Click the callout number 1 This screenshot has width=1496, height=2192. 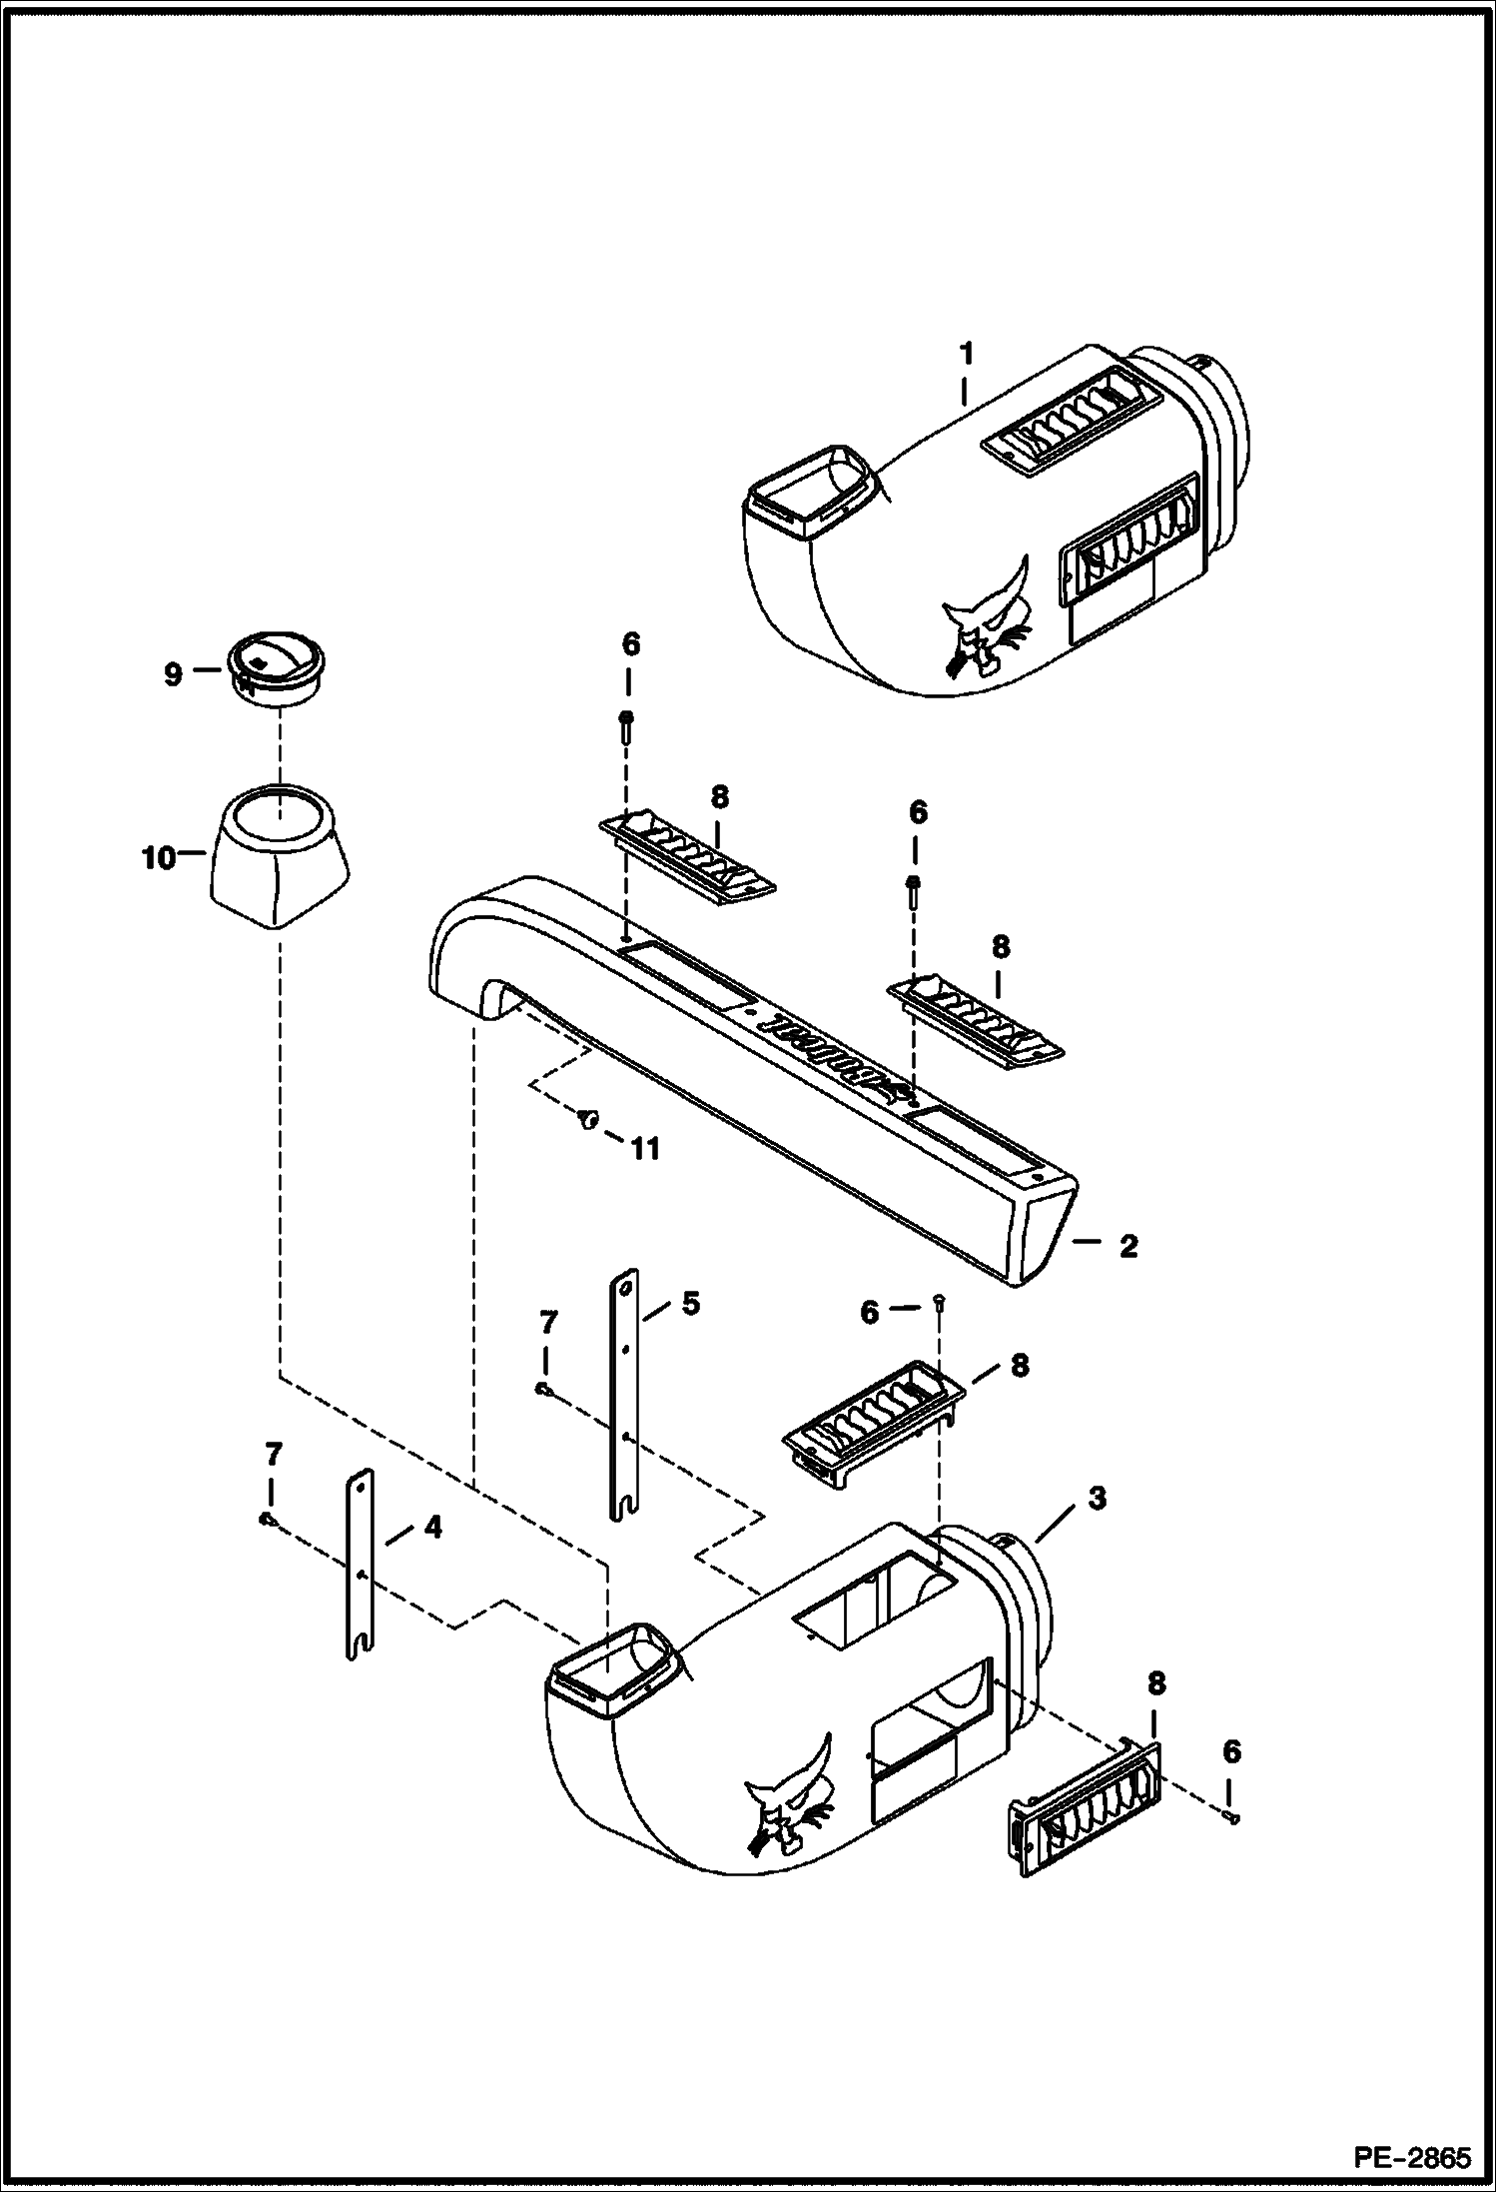[966, 355]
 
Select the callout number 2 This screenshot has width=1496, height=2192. [1128, 1246]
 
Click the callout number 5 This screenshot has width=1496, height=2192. [690, 1304]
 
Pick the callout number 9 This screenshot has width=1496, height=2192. [173, 674]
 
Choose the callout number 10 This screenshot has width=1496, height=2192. [159, 858]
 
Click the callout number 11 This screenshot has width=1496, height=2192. [646, 1150]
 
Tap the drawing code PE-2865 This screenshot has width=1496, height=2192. [1412, 2158]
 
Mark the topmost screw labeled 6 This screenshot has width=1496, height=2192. [627, 722]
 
